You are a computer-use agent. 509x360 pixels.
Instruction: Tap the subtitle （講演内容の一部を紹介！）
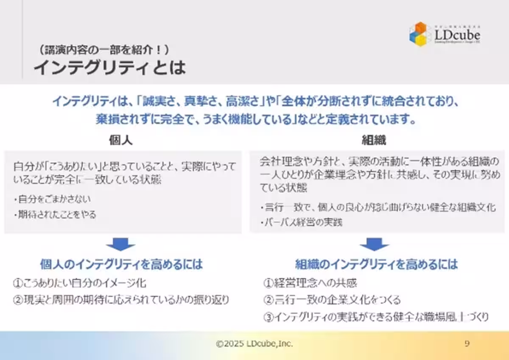(x=104, y=50)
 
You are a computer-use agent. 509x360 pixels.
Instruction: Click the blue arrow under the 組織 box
(x=374, y=245)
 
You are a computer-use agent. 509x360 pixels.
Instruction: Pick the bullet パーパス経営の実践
(x=302, y=222)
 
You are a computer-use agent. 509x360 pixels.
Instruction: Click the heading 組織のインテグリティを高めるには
(x=376, y=264)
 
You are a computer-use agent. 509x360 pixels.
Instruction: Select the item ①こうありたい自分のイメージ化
(x=79, y=283)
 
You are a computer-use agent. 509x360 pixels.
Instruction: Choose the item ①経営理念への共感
(x=310, y=283)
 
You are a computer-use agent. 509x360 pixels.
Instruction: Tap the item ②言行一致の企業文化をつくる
(x=332, y=300)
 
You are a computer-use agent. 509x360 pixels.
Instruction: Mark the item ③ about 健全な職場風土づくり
(x=376, y=317)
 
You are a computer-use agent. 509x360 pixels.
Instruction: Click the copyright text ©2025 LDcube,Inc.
(x=254, y=344)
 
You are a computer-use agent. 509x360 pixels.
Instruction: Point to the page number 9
(x=467, y=344)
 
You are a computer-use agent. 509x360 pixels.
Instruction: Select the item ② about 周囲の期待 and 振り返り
(x=121, y=300)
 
